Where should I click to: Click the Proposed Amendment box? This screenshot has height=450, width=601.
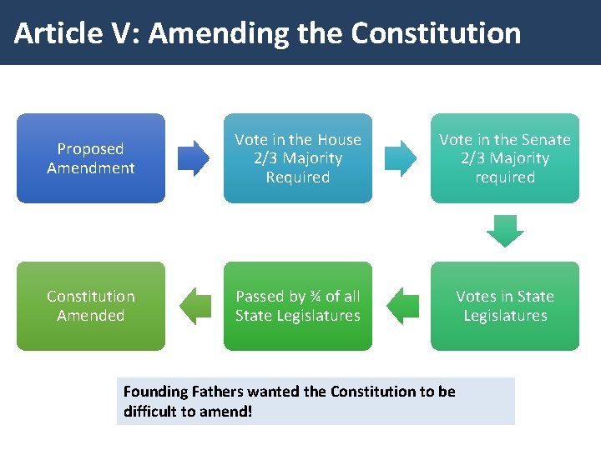tap(91, 158)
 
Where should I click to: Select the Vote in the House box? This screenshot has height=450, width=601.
tap(298, 158)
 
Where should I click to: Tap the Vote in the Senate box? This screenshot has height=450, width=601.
tap(504, 158)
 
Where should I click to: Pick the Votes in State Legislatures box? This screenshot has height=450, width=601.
tap(504, 306)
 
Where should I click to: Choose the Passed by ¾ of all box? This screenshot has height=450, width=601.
tap(298, 306)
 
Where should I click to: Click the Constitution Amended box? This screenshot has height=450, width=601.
tap(91, 306)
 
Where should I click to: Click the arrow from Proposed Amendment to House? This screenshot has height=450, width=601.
tap(194, 158)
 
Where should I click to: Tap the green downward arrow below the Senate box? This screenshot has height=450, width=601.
tap(505, 231)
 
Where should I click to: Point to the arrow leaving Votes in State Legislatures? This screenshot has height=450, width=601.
tap(403, 306)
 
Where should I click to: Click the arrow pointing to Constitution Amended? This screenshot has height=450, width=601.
tap(196, 306)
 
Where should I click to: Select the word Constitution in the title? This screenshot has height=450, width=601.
tap(436, 33)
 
